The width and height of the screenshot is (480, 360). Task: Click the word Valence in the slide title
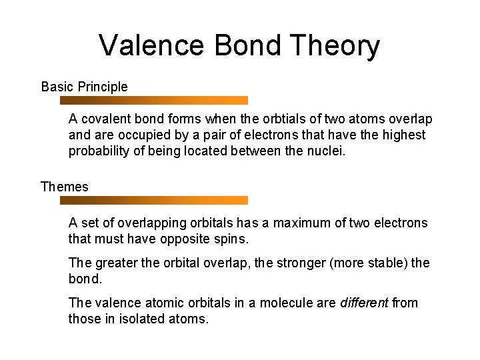click(152, 46)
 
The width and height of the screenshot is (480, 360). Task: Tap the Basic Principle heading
click(84, 87)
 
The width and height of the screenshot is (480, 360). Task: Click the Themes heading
click(64, 187)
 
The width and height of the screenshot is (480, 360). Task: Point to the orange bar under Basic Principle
click(154, 101)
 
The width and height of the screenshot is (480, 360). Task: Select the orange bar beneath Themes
click(154, 200)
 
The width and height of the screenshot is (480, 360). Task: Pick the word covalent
click(104, 119)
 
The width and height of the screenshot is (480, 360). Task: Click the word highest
click(402, 135)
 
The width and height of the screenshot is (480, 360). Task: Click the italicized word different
click(364, 303)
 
